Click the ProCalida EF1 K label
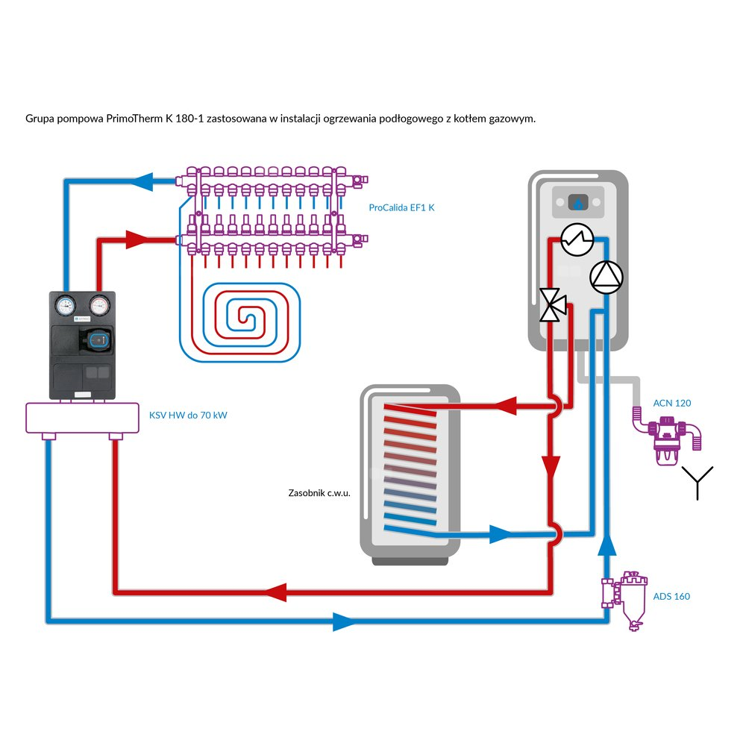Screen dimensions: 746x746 [x=401, y=208]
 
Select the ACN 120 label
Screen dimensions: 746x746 [x=672, y=403]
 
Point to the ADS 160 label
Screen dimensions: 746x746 [x=671, y=596]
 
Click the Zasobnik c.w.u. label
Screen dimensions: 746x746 [x=319, y=493]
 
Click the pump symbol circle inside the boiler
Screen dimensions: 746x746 [x=605, y=278]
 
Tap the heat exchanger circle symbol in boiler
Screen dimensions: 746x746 [x=576, y=239]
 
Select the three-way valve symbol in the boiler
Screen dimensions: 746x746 [x=553, y=304]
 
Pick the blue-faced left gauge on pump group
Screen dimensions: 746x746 [x=63, y=305]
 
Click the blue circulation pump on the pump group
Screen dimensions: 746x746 [x=96, y=342]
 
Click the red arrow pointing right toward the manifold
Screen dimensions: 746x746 [x=137, y=239]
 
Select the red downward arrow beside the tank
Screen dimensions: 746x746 [x=552, y=466]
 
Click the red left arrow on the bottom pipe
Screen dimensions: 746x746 [x=275, y=592]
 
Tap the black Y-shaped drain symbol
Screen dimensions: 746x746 [x=699, y=482]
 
